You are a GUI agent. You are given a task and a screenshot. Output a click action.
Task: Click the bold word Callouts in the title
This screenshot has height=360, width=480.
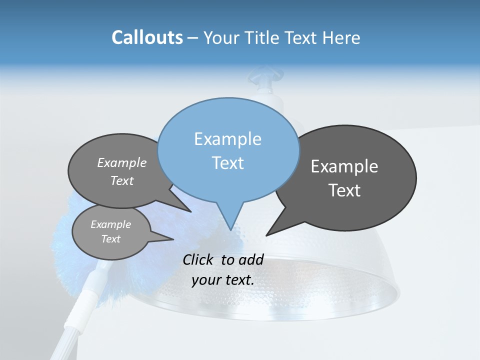click(x=147, y=37)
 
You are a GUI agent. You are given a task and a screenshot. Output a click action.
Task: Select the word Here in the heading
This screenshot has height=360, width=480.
click(x=341, y=38)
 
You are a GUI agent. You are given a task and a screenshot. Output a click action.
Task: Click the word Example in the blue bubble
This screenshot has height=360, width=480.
click(x=227, y=139)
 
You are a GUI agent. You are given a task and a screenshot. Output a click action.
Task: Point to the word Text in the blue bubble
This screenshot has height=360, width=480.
click(x=227, y=163)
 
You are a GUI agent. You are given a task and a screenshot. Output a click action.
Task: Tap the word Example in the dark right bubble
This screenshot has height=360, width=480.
click(x=344, y=166)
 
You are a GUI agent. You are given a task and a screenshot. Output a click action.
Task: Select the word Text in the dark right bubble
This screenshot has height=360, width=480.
click(x=344, y=190)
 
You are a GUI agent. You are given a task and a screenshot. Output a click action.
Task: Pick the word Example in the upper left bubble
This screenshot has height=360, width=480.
click(x=122, y=162)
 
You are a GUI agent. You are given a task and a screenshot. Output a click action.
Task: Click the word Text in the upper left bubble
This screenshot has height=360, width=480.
click(x=122, y=180)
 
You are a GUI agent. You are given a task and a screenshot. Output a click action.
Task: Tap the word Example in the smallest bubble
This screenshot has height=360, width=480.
click(x=110, y=224)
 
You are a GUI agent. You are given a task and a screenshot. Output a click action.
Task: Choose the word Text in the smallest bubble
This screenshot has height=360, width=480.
click(x=110, y=239)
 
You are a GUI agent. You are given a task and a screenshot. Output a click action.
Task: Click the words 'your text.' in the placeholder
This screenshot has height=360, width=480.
click(x=223, y=280)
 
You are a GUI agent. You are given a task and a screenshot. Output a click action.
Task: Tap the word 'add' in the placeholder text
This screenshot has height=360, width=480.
click(x=250, y=259)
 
